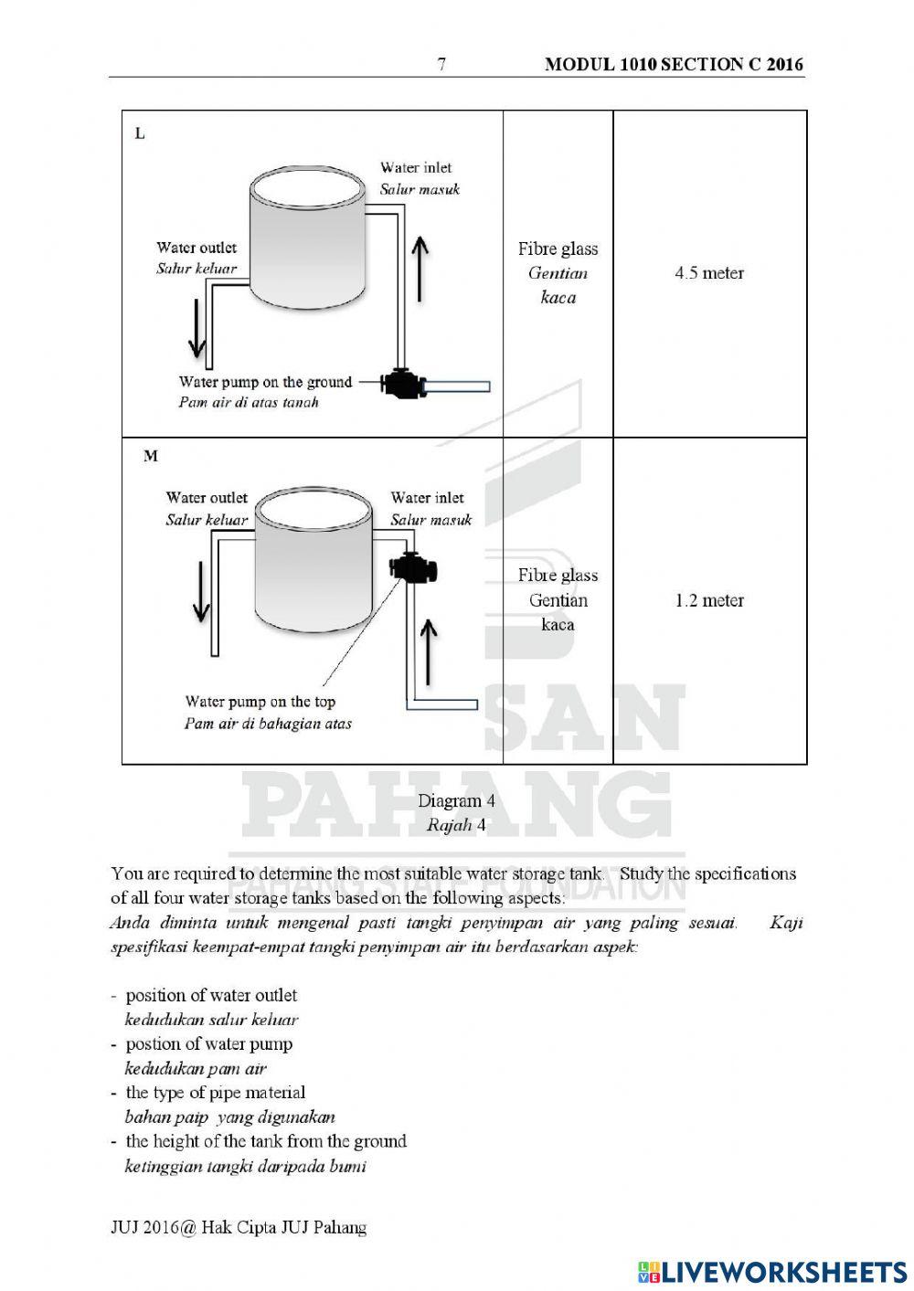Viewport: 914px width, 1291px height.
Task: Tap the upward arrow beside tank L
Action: [x=419, y=268]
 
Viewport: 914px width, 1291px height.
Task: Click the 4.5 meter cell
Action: [x=709, y=273]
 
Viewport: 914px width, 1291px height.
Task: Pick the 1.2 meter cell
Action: [x=709, y=600]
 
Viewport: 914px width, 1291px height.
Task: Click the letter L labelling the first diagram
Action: [x=140, y=133]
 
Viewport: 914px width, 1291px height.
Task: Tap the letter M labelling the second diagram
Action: [x=150, y=455]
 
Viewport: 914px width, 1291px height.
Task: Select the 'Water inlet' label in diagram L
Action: [x=416, y=167]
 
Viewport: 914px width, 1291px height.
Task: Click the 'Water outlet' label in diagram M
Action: [x=207, y=498]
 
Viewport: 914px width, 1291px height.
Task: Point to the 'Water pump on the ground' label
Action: [x=265, y=382]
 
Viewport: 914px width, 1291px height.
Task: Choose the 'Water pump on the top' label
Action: [x=260, y=702]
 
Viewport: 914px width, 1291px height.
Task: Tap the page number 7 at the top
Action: [x=442, y=64]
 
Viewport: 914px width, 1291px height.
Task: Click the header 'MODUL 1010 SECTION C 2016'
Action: [x=674, y=64]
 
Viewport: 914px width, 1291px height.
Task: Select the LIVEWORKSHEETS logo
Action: [x=772, y=1271]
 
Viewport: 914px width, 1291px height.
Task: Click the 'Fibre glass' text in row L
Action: [x=558, y=249]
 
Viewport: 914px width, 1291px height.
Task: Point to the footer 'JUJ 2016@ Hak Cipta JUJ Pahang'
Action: [x=239, y=1227]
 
